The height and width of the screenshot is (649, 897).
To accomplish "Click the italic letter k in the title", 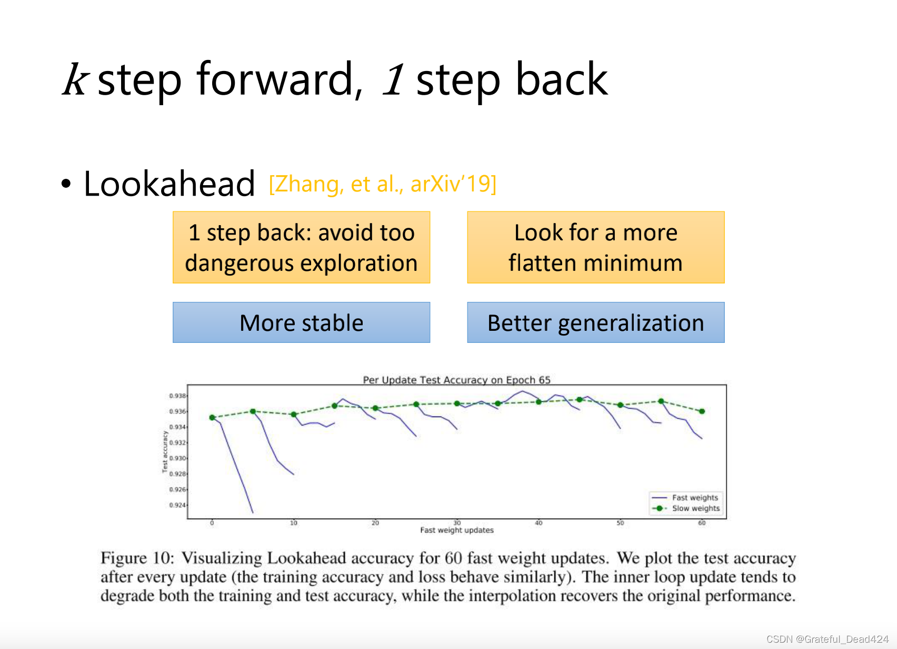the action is click(75, 79).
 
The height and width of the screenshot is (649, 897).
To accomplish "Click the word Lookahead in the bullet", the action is click(169, 184).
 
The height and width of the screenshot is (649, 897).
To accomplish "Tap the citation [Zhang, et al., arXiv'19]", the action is click(382, 184).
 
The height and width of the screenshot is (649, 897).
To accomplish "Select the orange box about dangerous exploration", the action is click(301, 247).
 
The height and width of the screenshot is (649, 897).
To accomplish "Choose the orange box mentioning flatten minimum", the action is click(596, 247).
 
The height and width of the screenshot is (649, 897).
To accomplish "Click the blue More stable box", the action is click(301, 322).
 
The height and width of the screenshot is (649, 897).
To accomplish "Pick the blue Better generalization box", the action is click(596, 322).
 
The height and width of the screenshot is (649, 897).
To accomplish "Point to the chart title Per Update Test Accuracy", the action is click(456, 380).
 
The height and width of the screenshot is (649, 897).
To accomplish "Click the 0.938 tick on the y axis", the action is click(177, 396).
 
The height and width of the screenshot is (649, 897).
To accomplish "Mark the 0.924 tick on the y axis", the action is click(177, 505).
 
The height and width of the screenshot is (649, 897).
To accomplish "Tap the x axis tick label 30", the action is click(457, 523).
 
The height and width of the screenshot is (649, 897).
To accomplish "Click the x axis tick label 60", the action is click(702, 523).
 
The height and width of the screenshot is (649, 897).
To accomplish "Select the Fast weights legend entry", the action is click(685, 498).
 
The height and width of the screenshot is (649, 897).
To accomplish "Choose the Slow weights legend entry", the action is click(685, 508).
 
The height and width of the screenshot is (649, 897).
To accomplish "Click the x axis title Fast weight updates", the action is click(457, 530).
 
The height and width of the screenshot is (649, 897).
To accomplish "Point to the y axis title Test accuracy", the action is click(165, 452).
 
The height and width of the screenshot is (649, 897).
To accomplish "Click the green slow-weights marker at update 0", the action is click(212, 418).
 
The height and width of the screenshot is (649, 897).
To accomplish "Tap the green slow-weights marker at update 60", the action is click(702, 411).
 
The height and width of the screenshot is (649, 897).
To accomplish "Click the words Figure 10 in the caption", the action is click(137, 558).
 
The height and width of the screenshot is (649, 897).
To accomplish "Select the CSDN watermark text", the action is click(828, 639).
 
